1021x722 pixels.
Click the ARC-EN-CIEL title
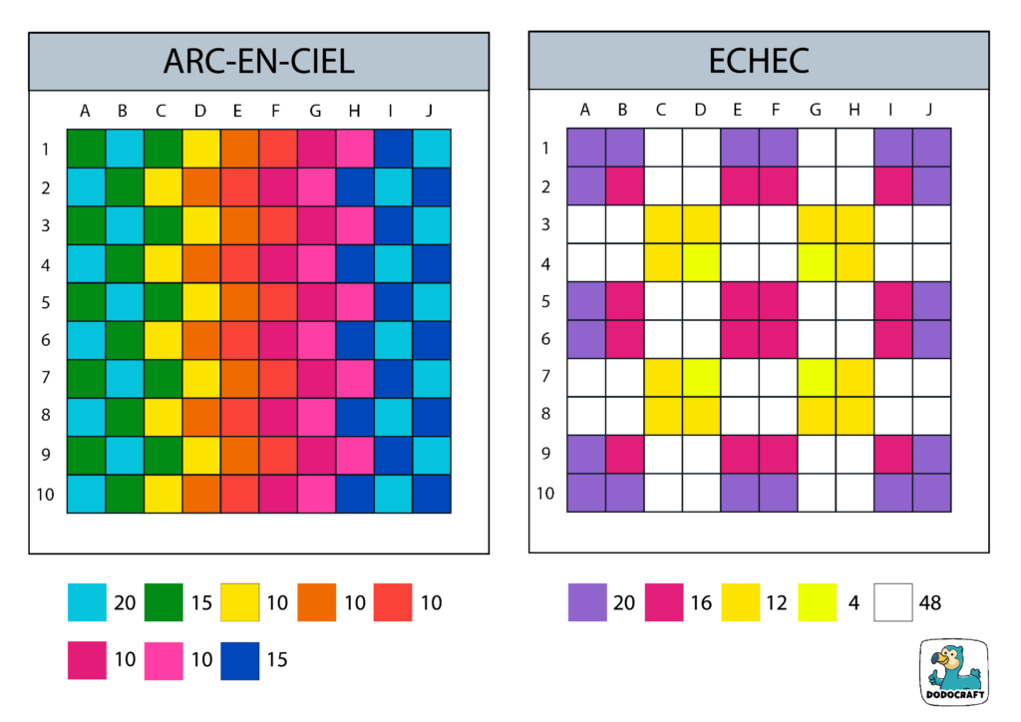click(x=258, y=62)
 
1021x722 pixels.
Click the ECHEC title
click(x=758, y=62)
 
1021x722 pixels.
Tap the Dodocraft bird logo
click(x=954, y=674)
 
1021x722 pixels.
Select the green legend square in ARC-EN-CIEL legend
click(x=164, y=602)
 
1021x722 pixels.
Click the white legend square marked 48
click(x=893, y=602)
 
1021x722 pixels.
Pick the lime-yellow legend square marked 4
click(x=818, y=602)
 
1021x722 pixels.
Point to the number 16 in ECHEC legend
click(x=701, y=602)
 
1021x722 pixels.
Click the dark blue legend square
click(x=239, y=660)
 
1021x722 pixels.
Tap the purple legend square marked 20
click(x=587, y=602)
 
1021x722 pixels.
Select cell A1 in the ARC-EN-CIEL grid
click(x=86, y=149)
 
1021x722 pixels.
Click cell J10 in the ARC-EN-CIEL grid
click(x=432, y=494)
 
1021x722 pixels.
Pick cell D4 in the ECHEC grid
click(x=701, y=263)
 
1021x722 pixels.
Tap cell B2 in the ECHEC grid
click(x=624, y=186)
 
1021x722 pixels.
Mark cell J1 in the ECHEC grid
click(x=931, y=149)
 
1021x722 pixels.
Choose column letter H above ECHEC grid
click(x=854, y=110)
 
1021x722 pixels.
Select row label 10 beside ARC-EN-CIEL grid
click(x=46, y=494)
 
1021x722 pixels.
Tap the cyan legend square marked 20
click(x=87, y=602)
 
